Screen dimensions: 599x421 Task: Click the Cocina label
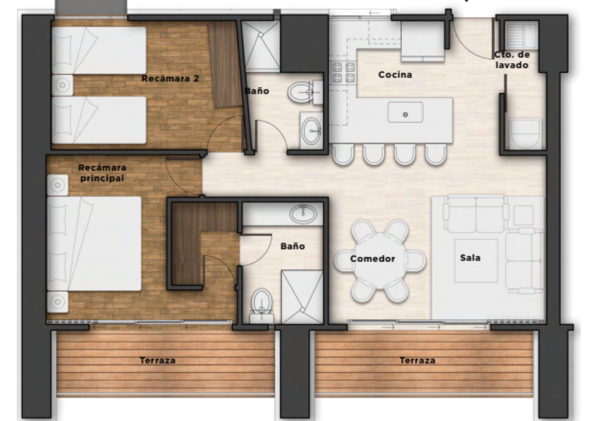tap(395, 75)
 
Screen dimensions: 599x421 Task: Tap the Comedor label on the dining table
tap(373, 259)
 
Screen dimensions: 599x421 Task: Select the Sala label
tap(470, 258)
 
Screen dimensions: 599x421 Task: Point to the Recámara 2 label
tap(170, 78)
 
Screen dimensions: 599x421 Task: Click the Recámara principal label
tap(102, 173)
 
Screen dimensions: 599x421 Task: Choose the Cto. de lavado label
tap(512, 60)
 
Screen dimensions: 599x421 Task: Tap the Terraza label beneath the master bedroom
tap(158, 361)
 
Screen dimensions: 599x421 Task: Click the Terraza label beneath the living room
tap(417, 361)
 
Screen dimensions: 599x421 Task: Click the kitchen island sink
tap(405, 112)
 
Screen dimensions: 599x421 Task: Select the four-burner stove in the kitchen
tap(343, 72)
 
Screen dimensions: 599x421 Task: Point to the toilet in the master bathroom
tap(262, 306)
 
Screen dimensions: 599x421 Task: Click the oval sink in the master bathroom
tap(303, 214)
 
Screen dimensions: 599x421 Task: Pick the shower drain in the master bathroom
tap(302, 310)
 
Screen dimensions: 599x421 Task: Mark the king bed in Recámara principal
tap(94, 244)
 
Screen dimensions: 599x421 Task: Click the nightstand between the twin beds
tap(62, 85)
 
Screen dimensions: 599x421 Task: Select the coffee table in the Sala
tap(476, 261)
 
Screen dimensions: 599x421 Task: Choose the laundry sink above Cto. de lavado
tap(521, 35)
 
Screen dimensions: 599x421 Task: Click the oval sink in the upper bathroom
tap(311, 131)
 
